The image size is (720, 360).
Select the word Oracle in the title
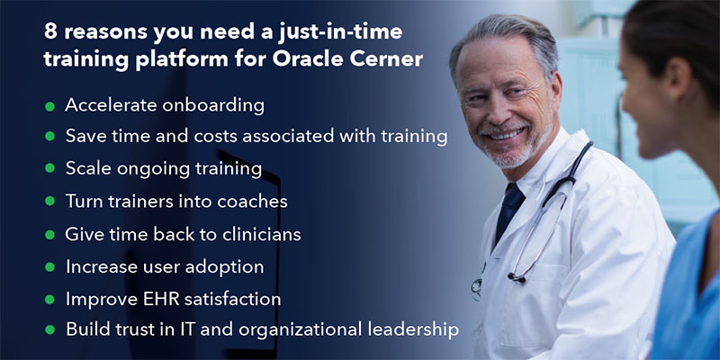pyautogui.click(x=306, y=60)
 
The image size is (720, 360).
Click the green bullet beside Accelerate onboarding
pyautogui.click(x=50, y=107)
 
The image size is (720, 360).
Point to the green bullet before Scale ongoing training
pyautogui.click(x=50, y=168)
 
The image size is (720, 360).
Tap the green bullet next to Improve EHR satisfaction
pyautogui.click(x=50, y=300)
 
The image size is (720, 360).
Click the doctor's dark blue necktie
pyautogui.click(x=508, y=212)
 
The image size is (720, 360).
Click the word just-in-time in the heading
pyautogui.click(x=340, y=32)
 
